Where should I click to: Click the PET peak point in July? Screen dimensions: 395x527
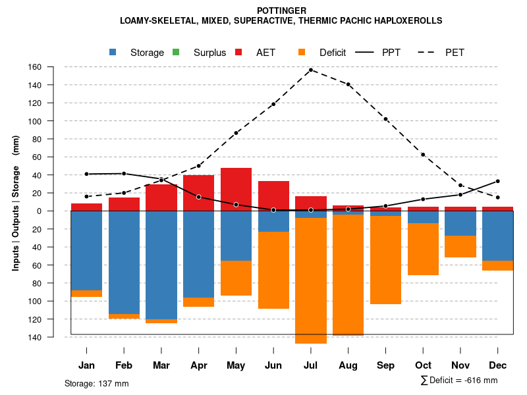[311, 70]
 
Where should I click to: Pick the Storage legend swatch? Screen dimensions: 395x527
[113, 53]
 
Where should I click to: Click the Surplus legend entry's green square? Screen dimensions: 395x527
[176, 53]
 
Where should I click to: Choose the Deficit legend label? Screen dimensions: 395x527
[332, 53]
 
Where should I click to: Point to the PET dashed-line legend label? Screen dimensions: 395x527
[455, 53]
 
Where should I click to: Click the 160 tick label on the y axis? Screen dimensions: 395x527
[53, 67]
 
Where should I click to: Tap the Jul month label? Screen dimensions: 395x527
[310, 365]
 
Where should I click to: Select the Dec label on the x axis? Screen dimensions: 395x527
[498, 365]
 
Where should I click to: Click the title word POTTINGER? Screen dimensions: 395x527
[281, 11]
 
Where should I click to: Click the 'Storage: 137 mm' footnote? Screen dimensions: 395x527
[96, 383]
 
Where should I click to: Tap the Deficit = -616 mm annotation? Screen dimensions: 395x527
[459, 381]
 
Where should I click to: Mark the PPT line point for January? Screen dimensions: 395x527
[86, 174]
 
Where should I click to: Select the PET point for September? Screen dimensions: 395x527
[385, 119]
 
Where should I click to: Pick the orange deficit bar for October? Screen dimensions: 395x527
[423, 249]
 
